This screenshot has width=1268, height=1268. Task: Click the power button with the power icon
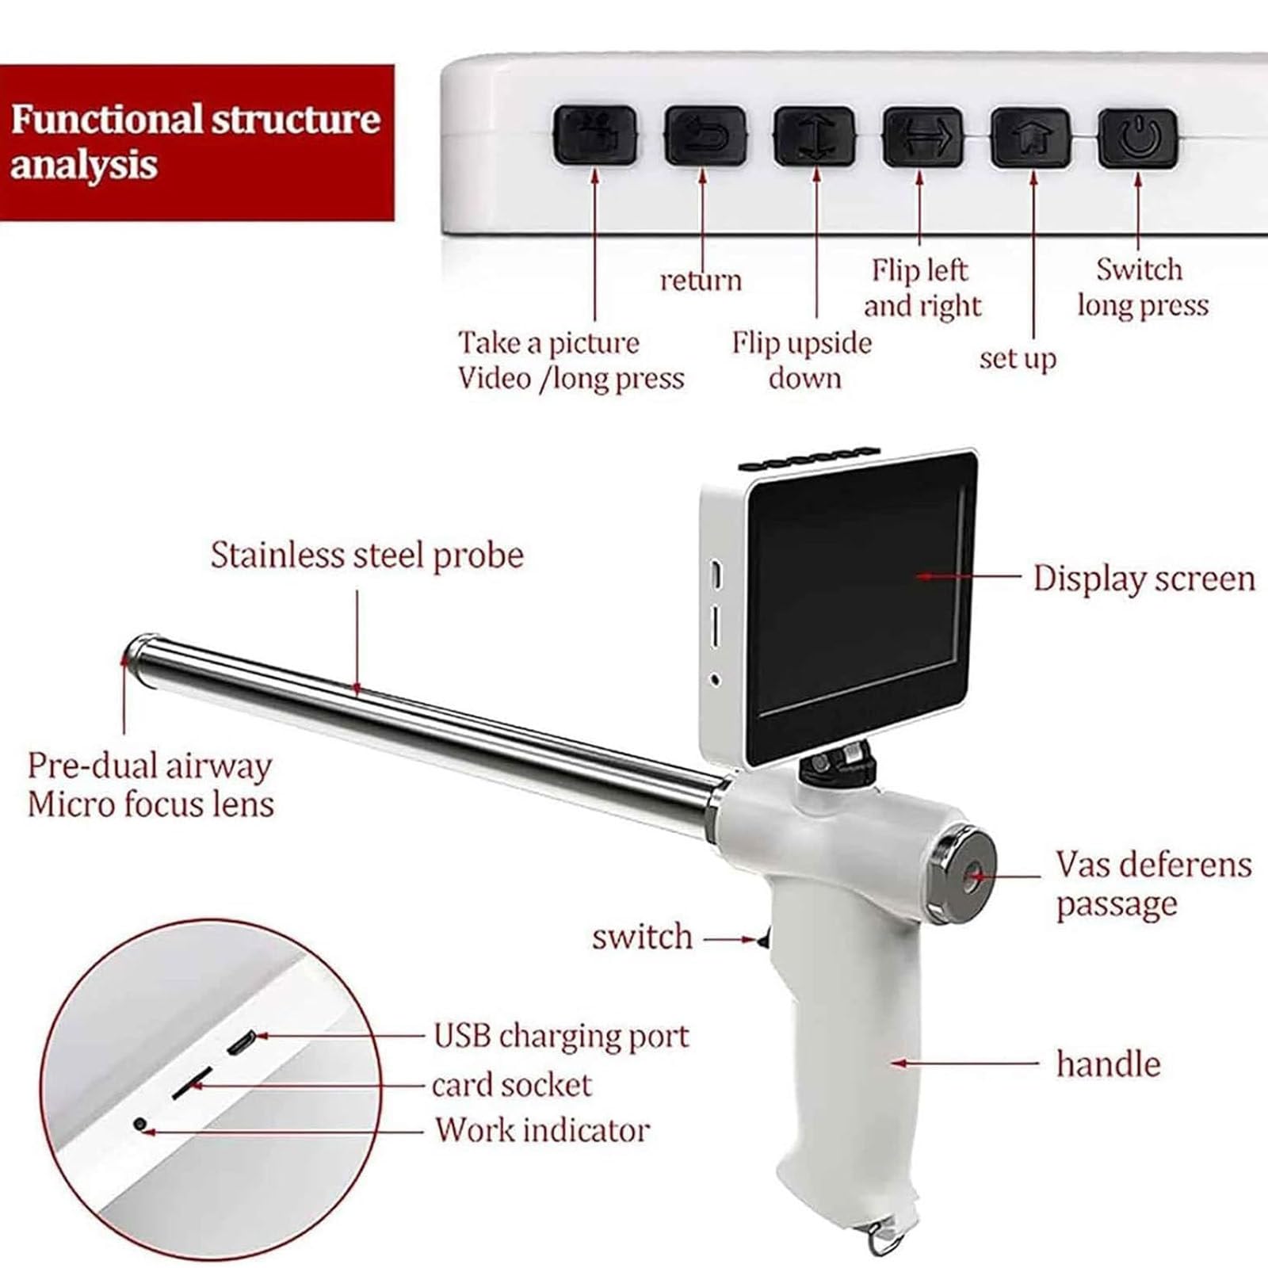[x=1137, y=139]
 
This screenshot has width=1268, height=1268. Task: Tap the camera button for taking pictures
[x=594, y=136]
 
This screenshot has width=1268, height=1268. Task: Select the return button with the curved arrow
[x=705, y=136]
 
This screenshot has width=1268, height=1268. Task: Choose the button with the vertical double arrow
[x=815, y=136]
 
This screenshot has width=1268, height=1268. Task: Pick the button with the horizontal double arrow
[x=923, y=137]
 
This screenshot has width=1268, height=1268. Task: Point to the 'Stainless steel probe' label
[x=367, y=556]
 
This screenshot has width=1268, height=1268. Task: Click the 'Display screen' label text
[x=1144, y=579]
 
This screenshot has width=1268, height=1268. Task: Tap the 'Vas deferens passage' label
[x=1154, y=884]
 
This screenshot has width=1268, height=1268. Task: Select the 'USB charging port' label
[x=562, y=1036]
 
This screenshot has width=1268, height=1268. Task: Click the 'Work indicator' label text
[x=543, y=1129]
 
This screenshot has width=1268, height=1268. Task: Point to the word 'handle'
[x=1108, y=1064]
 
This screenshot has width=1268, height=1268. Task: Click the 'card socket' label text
[x=512, y=1084]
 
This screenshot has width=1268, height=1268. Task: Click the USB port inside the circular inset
[x=240, y=1043]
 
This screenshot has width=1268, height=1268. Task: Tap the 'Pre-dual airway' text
[x=150, y=766]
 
